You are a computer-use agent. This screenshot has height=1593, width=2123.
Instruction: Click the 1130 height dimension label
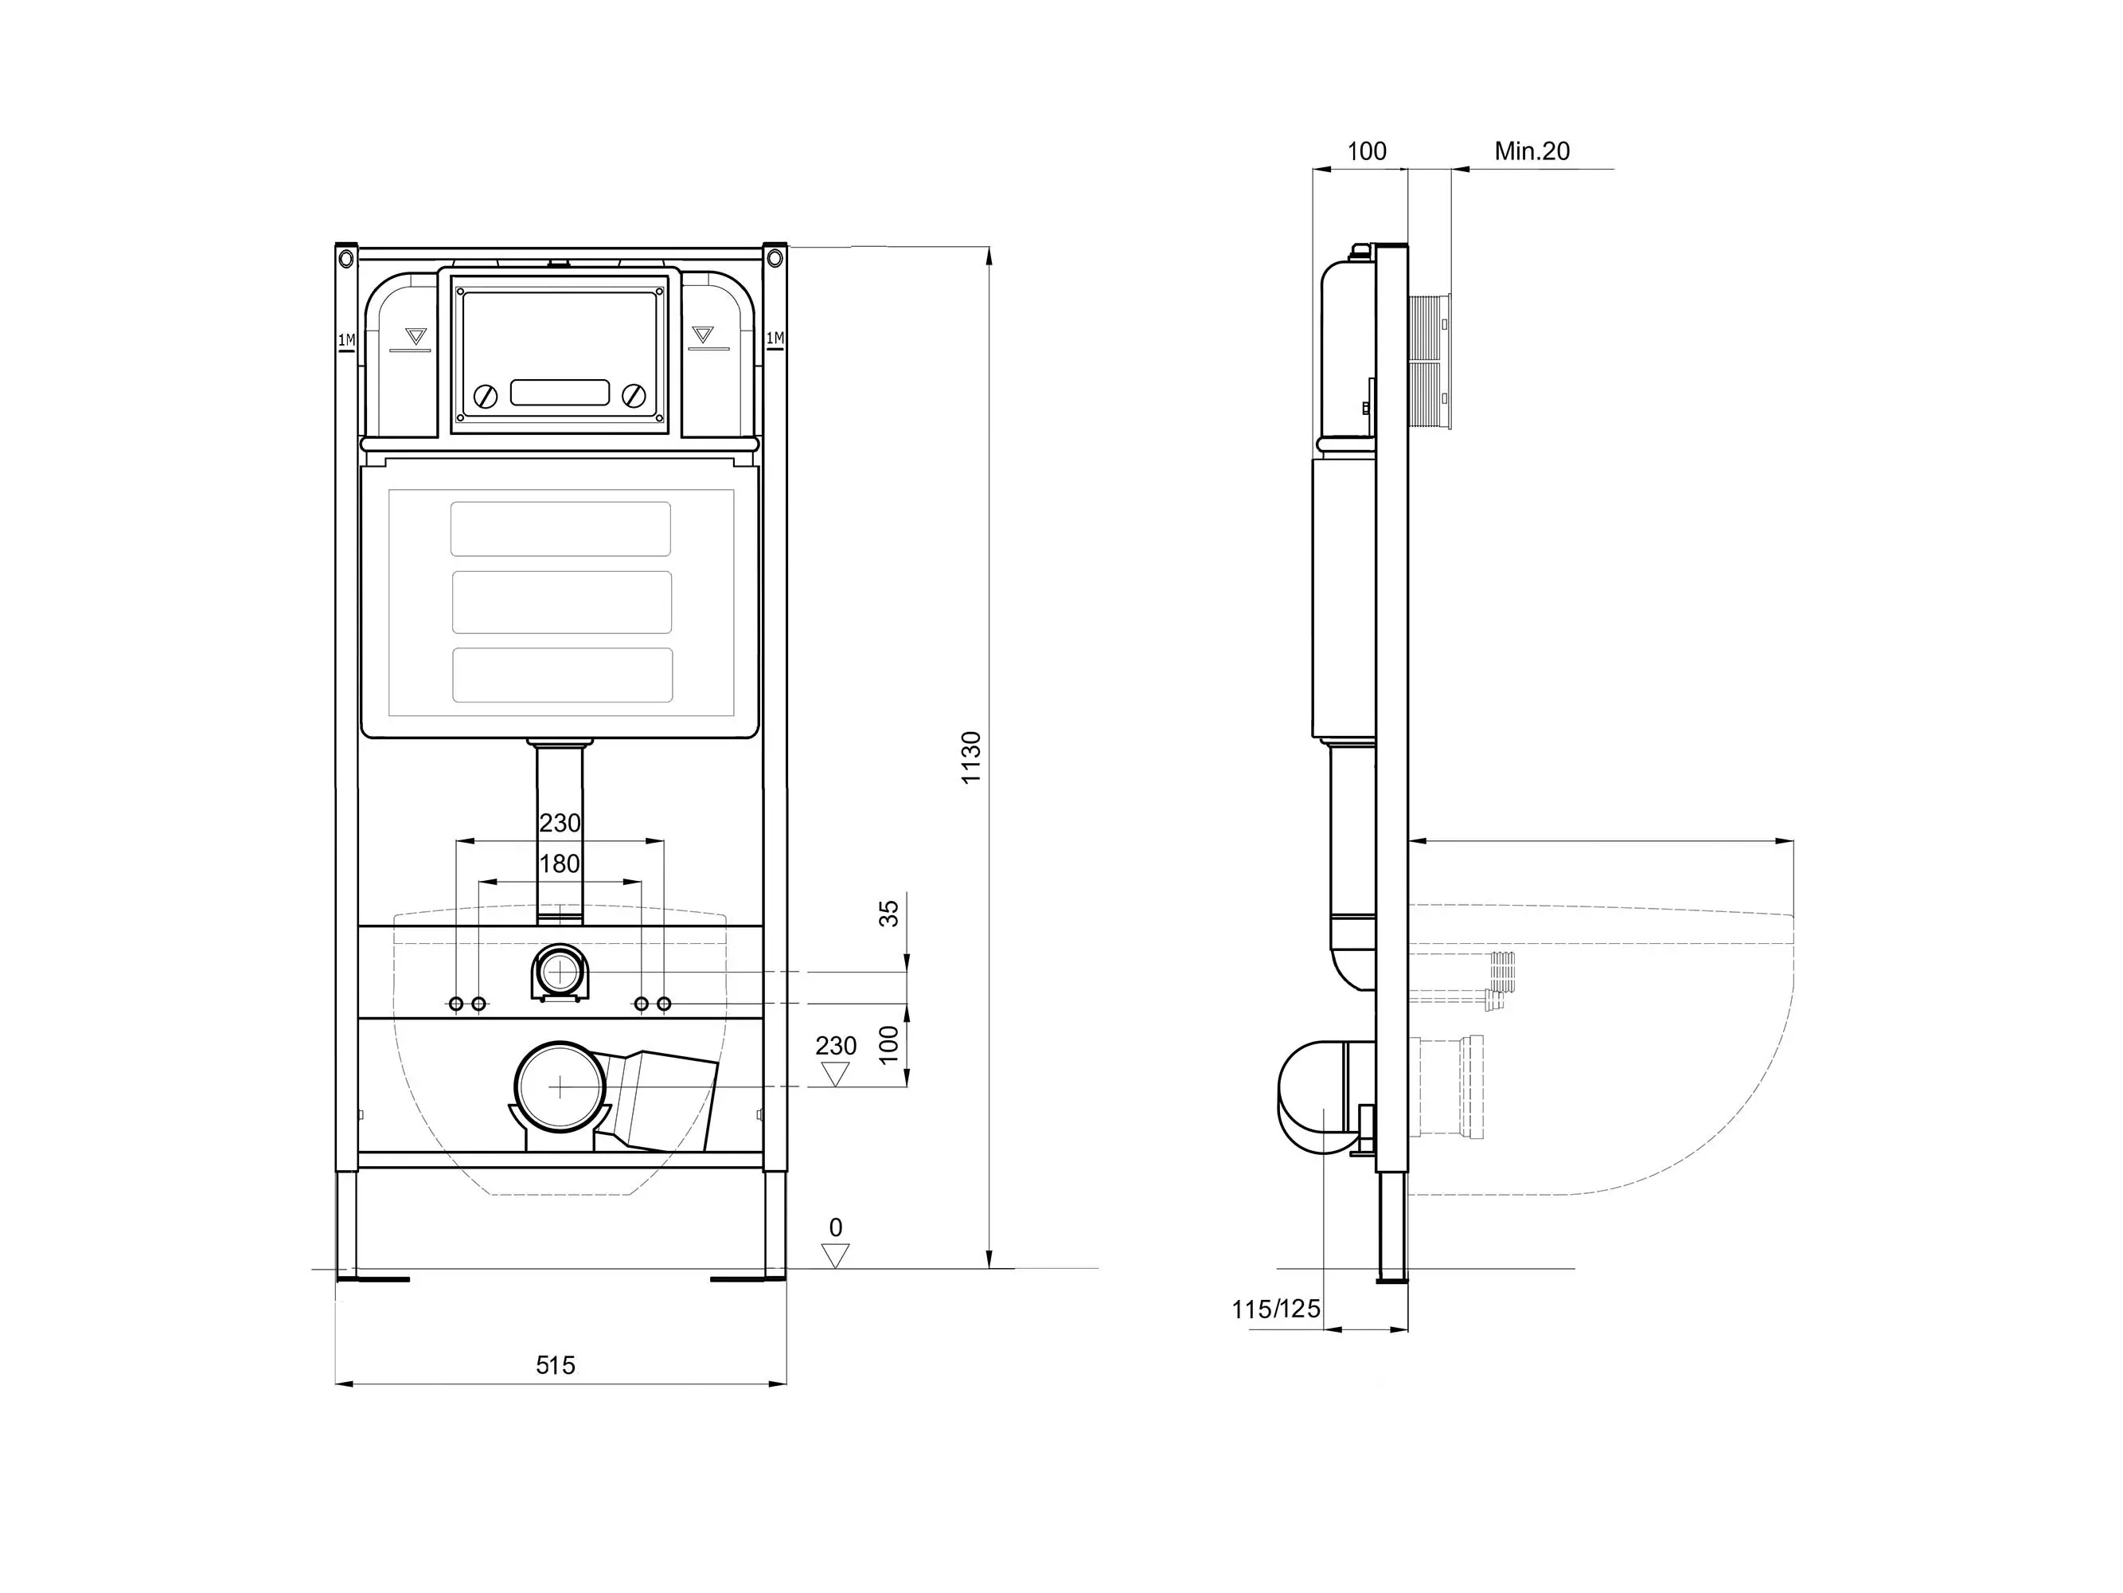pos(971,757)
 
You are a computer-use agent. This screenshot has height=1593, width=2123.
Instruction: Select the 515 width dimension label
pos(556,1364)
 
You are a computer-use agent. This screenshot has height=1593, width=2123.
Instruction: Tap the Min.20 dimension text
pos(1532,151)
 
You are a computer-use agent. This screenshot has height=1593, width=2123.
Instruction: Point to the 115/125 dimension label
pos(1277,1309)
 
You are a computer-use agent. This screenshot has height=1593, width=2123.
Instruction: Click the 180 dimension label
pos(560,863)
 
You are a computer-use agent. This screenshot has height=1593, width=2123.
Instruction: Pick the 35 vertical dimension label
pos(890,912)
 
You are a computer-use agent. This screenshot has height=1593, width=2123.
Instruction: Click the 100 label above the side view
pos(1367,151)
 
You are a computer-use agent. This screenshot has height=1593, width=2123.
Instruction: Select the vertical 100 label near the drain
pos(890,1043)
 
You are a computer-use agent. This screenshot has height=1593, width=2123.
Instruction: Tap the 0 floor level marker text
pos(836,1227)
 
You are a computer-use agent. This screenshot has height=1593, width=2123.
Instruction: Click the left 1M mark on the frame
pos(346,340)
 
